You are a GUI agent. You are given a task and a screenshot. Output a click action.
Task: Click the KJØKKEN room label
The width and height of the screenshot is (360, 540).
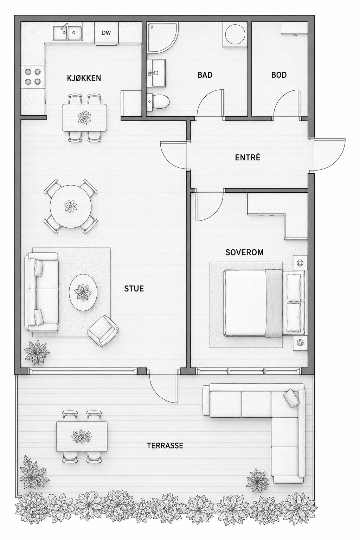pyautogui.click(x=84, y=78)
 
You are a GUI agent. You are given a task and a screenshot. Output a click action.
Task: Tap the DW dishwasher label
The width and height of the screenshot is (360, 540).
pyautogui.click(x=106, y=33)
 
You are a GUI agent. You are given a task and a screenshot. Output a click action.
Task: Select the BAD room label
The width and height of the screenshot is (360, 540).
pyautogui.click(x=205, y=75)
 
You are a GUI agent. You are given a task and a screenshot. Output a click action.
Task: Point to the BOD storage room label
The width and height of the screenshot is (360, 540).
pyautogui.click(x=279, y=75)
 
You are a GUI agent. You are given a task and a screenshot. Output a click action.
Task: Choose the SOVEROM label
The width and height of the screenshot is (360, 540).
pyautogui.click(x=244, y=252)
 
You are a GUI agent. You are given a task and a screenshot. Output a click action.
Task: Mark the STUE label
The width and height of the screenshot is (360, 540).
pyautogui.click(x=134, y=289)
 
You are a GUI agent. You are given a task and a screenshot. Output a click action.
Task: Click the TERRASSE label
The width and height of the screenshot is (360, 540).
pyautogui.click(x=165, y=445)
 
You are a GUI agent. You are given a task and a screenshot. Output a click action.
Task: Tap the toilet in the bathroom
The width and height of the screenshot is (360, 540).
pyautogui.click(x=158, y=101)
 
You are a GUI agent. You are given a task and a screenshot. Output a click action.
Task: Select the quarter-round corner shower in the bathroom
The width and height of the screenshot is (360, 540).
pyautogui.click(x=162, y=37)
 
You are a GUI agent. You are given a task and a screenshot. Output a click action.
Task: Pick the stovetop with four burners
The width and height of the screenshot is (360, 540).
pyautogui.click(x=33, y=77)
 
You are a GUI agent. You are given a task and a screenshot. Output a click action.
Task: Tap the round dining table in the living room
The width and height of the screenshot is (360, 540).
pyautogui.click(x=71, y=206)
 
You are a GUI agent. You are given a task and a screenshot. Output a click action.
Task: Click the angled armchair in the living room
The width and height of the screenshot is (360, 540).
pyautogui.click(x=103, y=331)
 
